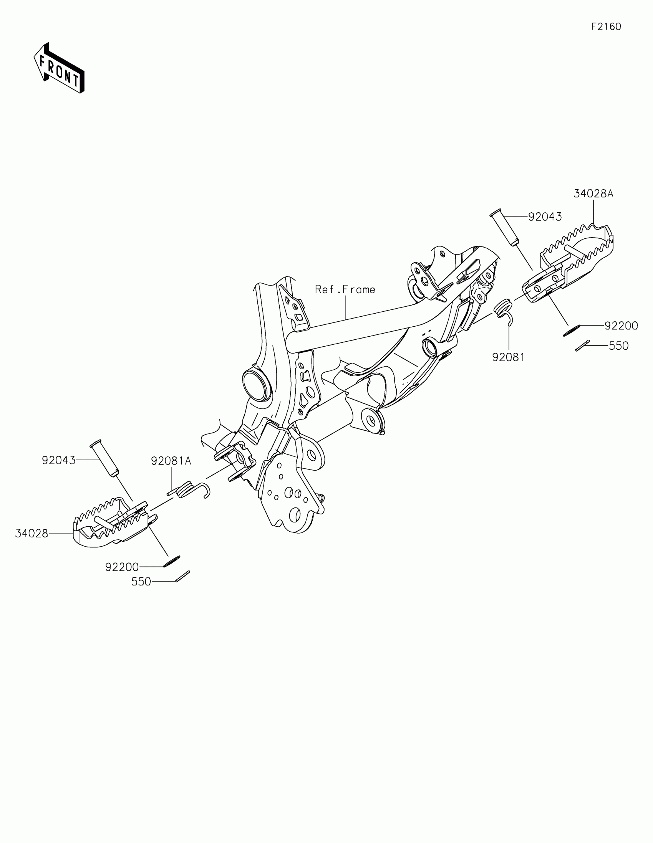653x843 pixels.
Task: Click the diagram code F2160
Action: pyautogui.click(x=606, y=26)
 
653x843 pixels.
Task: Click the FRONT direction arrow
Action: pyautogui.click(x=59, y=68)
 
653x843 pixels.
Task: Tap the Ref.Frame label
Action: pyautogui.click(x=345, y=289)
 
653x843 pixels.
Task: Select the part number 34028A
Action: pyautogui.click(x=593, y=194)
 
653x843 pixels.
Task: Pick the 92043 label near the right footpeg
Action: pyautogui.click(x=545, y=217)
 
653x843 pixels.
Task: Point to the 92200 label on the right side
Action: pyautogui.click(x=621, y=326)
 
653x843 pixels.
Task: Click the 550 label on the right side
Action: pyautogui.click(x=619, y=346)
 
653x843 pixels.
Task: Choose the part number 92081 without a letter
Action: pyautogui.click(x=509, y=357)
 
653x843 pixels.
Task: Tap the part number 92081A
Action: pyautogui.click(x=171, y=461)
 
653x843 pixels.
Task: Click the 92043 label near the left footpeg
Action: pyautogui.click(x=59, y=460)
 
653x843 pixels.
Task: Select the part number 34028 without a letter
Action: pyautogui.click(x=31, y=534)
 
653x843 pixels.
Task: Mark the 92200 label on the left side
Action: pyautogui.click(x=122, y=567)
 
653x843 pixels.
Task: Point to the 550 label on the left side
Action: pyautogui.click(x=141, y=582)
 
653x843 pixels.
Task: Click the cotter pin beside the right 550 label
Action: pyautogui.click(x=582, y=345)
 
